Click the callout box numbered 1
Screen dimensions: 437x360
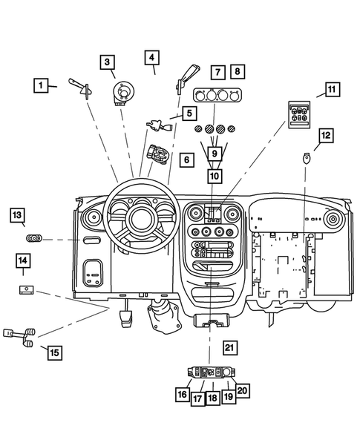coord(42,86)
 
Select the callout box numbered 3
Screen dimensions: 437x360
coord(108,62)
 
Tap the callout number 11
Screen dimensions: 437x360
coord(330,91)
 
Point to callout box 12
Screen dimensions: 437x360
coord(325,135)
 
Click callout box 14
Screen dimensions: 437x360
coord(24,260)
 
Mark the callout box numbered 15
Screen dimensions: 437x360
coord(53,352)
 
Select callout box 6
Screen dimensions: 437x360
coord(187,159)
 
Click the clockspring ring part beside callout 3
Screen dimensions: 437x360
coord(122,93)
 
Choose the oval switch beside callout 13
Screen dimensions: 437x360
coord(35,239)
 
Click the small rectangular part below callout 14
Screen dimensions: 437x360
coord(27,289)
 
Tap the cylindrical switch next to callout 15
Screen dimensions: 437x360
coord(21,335)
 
